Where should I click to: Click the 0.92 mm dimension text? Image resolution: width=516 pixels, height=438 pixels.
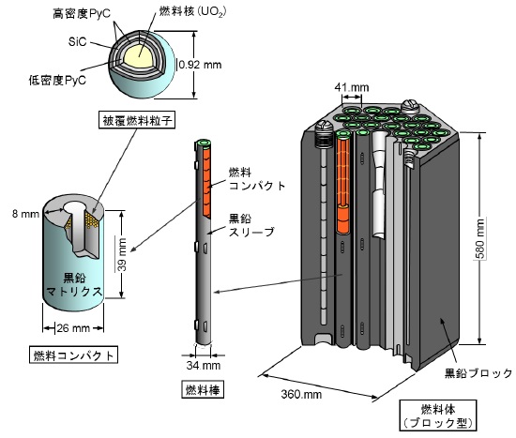pyautogui.click(x=200, y=65)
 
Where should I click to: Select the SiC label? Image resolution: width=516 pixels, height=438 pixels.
pyautogui.click(x=77, y=42)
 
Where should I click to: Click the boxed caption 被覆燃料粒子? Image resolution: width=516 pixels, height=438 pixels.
pyautogui.click(x=137, y=120)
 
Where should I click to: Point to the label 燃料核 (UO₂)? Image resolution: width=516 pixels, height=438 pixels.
pyautogui.click(x=193, y=11)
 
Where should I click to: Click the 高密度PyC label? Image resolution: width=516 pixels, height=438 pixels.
pyautogui.click(x=82, y=14)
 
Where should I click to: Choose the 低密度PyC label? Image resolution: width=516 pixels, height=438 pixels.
pyautogui.click(x=57, y=80)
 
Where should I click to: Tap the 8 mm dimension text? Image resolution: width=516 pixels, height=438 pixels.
pyautogui.click(x=25, y=214)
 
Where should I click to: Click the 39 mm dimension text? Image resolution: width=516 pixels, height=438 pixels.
pyautogui.click(x=122, y=255)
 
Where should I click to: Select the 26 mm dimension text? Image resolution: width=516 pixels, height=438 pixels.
pyautogui.click(x=73, y=328)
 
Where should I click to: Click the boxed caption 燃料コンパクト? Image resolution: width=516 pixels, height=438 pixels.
pyautogui.click(x=74, y=355)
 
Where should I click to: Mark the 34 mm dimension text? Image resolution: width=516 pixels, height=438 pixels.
pyautogui.click(x=204, y=365)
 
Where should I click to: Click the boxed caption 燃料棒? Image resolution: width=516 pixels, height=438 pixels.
pyautogui.click(x=203, y=389)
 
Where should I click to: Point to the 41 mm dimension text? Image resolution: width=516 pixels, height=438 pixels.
pyautogui.click(x=352, y=87)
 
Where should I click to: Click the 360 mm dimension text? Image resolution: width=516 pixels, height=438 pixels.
pyautogui.click(x=301, y=394)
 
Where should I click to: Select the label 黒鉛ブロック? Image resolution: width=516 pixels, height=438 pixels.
pyautogui.click(x=478, y=373)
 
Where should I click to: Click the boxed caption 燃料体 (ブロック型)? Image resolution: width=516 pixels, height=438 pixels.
pyautogui.click(x=438, y=415)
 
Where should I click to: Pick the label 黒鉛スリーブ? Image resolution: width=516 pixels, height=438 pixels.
pyautogui.click(x=251, y=225)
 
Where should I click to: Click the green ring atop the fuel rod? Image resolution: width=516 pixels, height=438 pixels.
pyautogui.click(x=203, y=143)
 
